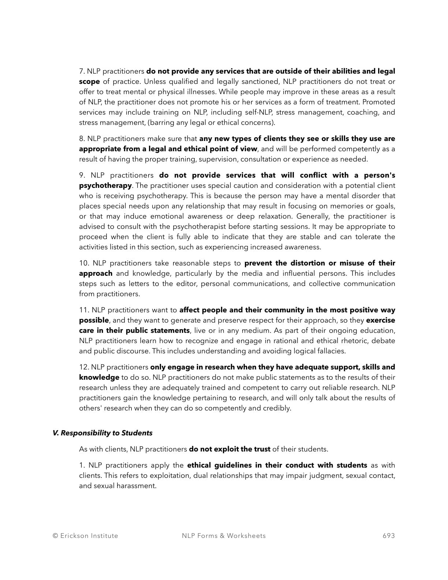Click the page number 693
[389, 536]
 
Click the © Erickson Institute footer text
[85, 536]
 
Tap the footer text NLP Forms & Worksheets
[224, 536]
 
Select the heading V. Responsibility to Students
[102, 433]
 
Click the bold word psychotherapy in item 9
[105, 186]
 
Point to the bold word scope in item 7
[89, 82]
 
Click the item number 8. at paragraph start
[82, 139]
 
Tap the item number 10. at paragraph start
[84, 263]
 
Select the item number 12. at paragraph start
[84, 367]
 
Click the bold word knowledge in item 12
[99, 378]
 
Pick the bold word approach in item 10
[96, 274]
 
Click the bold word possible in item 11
[94, 320]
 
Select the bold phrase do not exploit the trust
[229, 449]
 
